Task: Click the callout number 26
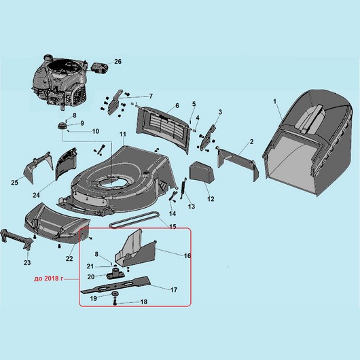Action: point(118,62)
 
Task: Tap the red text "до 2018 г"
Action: point(48,279)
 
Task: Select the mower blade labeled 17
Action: point(115,285)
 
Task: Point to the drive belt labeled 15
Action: point(134,220)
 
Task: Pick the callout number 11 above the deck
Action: point(123,134)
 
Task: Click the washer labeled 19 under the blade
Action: point(114,294)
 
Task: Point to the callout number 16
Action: point(187,255)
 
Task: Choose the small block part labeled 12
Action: point(202,172)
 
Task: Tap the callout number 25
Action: point(14,183)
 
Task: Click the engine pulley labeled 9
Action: point(62,126)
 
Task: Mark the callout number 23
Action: point(27,262)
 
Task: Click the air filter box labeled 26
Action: point(100,69)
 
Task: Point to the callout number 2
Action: point(251,142)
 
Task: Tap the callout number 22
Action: point(69,259)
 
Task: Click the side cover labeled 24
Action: point(66,163)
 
